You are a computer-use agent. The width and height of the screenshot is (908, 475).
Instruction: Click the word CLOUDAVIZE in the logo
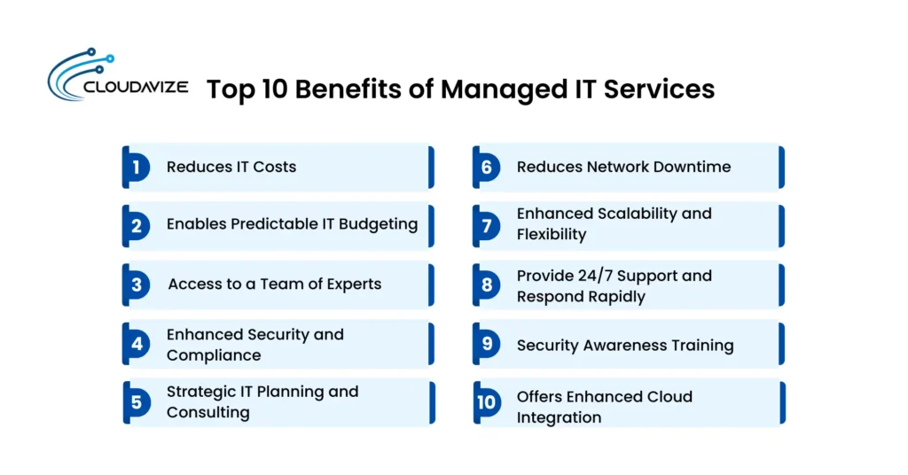[134, 89]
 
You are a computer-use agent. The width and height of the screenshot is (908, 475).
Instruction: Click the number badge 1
[137, 167]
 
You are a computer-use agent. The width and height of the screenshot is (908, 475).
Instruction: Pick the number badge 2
[137, 226]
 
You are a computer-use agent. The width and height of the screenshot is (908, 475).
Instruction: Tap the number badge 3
[137, 285]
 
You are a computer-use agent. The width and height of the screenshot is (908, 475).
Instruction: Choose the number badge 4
[137, 345]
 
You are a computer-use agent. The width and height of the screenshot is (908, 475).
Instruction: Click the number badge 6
[487, 167]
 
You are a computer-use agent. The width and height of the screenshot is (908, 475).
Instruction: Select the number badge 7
[487, 226]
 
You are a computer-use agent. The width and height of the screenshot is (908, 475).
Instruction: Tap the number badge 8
[487, 285]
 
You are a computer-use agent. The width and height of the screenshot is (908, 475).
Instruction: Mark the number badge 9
[487, 345]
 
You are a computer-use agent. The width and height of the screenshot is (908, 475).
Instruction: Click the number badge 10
[487, 403]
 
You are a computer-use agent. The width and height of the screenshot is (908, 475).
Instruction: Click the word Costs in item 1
[274, 167]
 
